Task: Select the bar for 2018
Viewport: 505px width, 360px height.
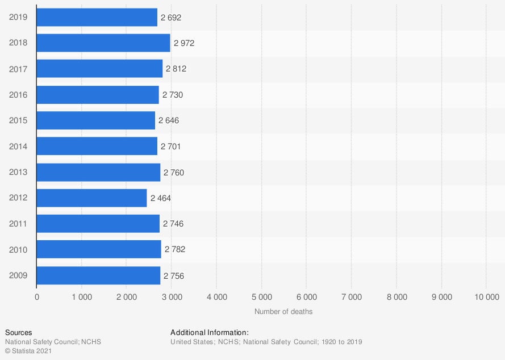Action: [x=103, y=43]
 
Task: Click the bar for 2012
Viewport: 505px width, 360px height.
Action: [x=91, y=198]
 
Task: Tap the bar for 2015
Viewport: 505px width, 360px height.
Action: [x=95, y=120]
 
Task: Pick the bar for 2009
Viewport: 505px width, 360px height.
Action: [x=98, y=276]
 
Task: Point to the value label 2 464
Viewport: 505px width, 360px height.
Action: [x=160, y=198]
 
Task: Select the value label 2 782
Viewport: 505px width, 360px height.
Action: [x=174, y=250]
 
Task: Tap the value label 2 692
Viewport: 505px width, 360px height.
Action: [x=171, y=18]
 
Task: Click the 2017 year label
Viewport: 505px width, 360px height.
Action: [x=18, y=69]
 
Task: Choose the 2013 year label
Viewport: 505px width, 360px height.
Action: [x=18, y=173]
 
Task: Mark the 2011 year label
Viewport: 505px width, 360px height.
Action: [x=18, y=224]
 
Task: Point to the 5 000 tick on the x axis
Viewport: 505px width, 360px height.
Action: [x=261, y=297]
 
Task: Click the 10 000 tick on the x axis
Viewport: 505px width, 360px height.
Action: [x=486, y=297]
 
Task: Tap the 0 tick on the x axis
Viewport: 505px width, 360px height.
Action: [x=37, y=297]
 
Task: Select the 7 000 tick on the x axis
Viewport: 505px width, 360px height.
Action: [x=351, y=297]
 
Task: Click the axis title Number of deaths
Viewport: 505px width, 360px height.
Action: [x=283, y=312]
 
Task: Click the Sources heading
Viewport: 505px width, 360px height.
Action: [x=19, y=333]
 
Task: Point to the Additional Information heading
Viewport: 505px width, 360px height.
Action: [x=210, y=333]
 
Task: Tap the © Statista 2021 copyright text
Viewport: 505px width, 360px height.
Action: [x=27, y=351]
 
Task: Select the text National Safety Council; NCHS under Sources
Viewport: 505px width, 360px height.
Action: [x=53, y=342]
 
